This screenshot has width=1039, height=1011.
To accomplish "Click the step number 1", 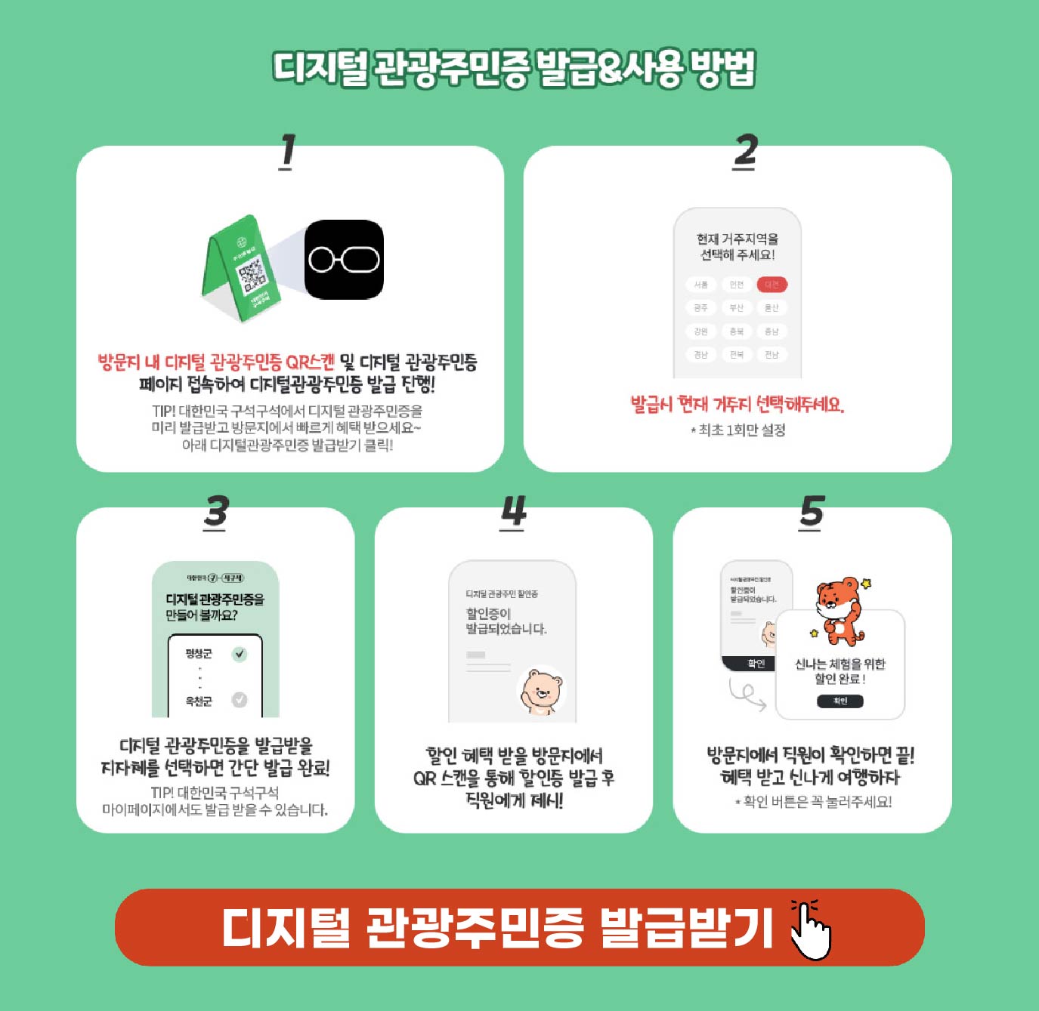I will coord(287,151).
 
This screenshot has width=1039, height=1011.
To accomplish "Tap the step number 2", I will coord(745,151).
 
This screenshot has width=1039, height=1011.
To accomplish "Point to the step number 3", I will coord(215,513).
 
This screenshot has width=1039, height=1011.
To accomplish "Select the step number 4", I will coord(513,513).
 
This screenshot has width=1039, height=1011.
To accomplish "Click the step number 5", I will coord(812,513).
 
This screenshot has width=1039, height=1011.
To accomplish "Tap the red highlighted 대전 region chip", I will coord(772,285).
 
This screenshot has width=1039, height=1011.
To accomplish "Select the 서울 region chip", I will coord(701,285).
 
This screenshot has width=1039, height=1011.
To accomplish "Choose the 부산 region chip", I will coord(736,308).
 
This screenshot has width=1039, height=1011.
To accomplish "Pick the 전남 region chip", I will coord(772,354).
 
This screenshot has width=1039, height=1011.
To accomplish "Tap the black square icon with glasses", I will coord(344,260).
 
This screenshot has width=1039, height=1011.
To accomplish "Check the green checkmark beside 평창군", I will coord(240,654).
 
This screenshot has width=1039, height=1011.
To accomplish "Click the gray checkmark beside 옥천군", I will coord(240,700).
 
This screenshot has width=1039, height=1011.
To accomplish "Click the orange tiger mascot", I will coord(840,610).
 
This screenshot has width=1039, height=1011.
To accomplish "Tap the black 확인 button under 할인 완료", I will coord(840,701).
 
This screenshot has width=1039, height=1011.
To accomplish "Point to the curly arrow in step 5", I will coord(747,693).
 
